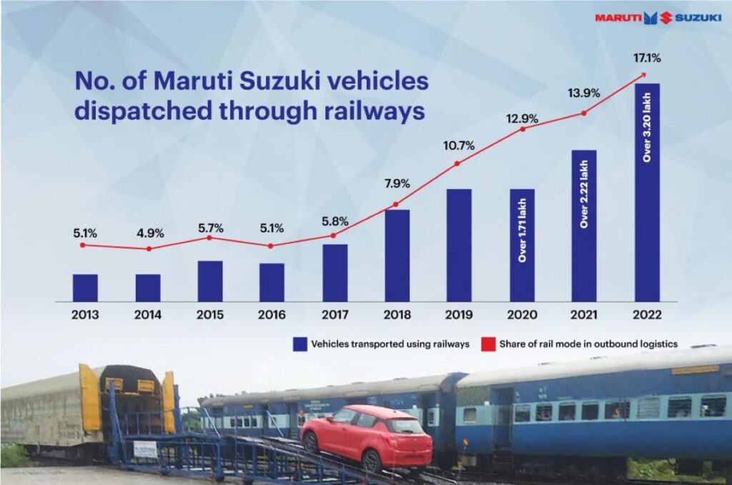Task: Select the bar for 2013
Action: tap(85, 288)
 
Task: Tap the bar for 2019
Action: tap(459, 245)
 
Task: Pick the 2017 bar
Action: tap(335, 273)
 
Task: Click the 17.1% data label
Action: tap(646, 58)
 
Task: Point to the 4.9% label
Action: tap(149, 232)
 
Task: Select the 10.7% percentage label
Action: tap(458, 146)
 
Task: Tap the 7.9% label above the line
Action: tap(395, 184)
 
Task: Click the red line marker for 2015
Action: tap(209, 237)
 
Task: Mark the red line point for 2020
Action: tap(523, 129)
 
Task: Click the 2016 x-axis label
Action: tap(272, 315)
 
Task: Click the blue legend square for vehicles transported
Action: tap(300, 344)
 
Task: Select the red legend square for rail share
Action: tap(488, 344)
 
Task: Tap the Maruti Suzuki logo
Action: tap(658, 17)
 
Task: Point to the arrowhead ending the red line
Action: tap(644, 74)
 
